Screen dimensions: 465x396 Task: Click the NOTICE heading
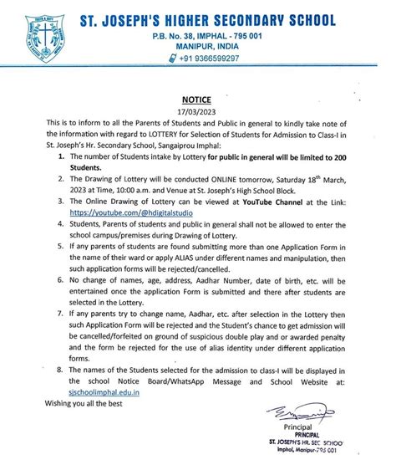pos(197,98)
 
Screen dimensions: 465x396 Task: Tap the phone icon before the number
pos(172,59)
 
